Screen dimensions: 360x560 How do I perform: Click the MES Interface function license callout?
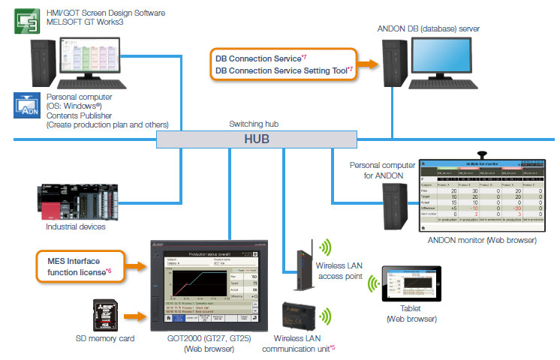coord(80,265)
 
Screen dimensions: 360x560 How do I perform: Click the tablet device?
coord(415,286)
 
